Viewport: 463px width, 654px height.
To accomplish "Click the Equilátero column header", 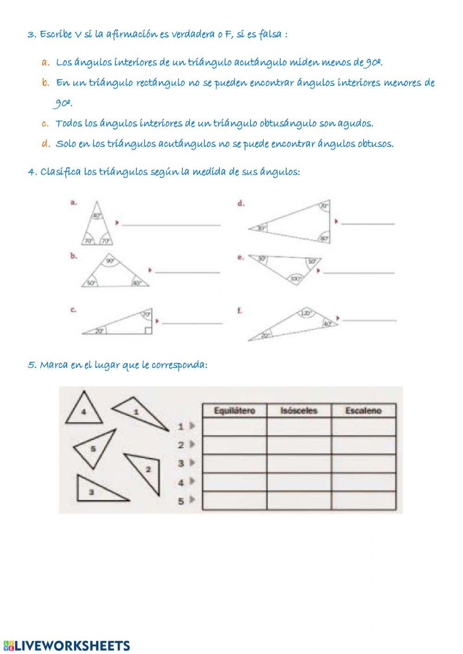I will tap(234, 410).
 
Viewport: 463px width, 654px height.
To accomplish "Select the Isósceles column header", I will tap(299, 410).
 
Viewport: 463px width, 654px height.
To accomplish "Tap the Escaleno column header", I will tap(363, 410).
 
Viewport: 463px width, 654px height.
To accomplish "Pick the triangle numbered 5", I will tap(94, 448).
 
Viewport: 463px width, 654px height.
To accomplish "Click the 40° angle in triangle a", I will tap(96, 216).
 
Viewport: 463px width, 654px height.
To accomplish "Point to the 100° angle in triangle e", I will tap(295, 279).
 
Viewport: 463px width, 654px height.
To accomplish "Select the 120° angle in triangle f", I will tap(305, 313).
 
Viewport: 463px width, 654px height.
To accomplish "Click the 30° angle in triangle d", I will tap(262, 228).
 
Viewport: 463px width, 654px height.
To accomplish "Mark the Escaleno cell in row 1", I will tap(363, 426).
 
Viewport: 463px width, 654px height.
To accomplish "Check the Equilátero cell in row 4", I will tap(234, 482).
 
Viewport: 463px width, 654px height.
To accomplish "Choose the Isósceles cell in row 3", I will tap(299, 463).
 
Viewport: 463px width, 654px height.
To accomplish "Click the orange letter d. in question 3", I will tap(45, 144).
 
